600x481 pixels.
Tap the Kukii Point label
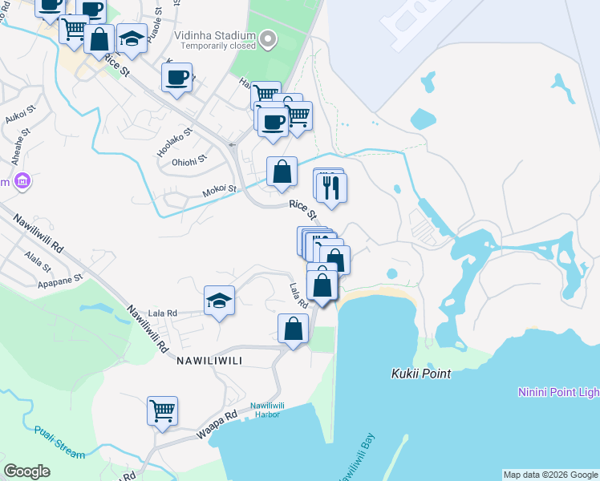point(421,374)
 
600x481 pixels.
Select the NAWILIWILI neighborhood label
point(205,361)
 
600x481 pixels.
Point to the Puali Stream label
point(59,442)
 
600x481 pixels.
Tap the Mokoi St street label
point(221,190)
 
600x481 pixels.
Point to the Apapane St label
point(60,281)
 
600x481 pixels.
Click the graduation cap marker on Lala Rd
point(219,301)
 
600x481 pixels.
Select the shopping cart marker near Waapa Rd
point(162,410)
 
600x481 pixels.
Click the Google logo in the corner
point(26,471)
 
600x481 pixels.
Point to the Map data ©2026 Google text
point(550,475)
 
